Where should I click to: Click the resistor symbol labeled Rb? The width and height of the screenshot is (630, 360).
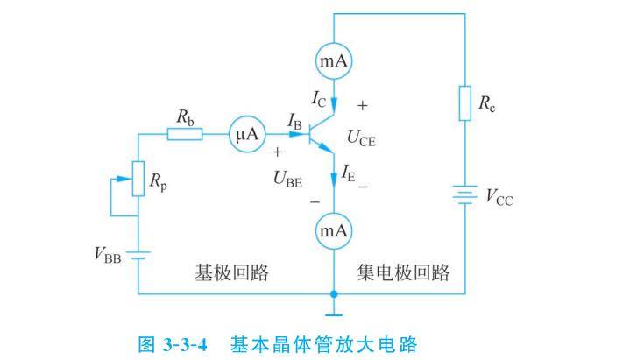pos(184,134)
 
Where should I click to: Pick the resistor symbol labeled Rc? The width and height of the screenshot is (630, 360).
pos(464,103)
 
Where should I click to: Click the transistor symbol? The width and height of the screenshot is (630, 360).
pos(323,133)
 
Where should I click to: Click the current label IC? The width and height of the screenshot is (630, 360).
pos(320,97)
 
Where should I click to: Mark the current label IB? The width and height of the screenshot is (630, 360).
pos(295,124)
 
